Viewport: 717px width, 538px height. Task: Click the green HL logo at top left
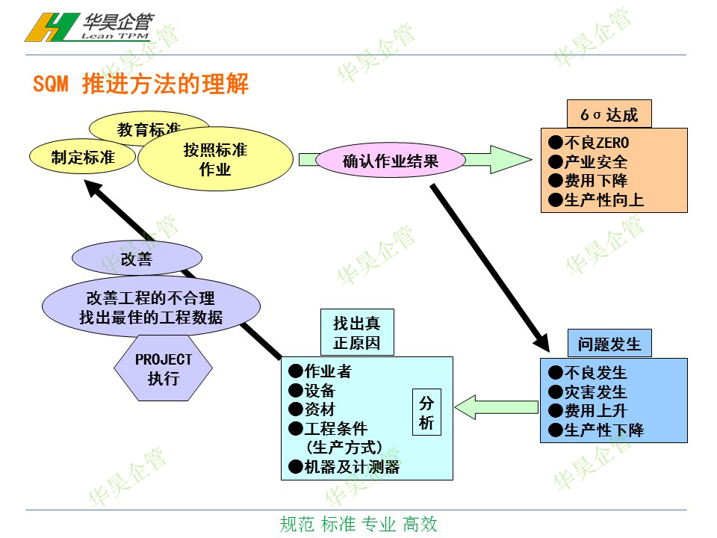47,28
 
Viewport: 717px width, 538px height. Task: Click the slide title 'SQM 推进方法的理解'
140,84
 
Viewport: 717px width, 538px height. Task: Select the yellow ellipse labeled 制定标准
82,157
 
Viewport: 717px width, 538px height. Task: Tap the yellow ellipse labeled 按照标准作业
215,159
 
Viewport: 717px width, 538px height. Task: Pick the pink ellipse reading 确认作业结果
391,160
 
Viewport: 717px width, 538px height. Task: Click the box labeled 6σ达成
609,115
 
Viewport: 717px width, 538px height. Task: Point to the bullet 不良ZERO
589,143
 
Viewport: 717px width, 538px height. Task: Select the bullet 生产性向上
595,200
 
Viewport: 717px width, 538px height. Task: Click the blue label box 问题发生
609,344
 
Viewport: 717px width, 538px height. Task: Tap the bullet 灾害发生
587,392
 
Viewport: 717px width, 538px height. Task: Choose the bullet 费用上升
587,410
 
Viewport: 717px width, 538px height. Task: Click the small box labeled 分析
426,412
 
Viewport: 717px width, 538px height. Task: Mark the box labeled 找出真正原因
356,333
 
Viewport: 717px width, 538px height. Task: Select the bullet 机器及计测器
344,467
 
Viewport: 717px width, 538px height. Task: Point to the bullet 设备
311,391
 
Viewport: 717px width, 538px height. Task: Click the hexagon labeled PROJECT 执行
163,368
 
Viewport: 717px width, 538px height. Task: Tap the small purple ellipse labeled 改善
137,259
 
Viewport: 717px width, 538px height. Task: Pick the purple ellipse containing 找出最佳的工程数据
151,308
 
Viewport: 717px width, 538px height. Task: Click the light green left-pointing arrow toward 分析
496,407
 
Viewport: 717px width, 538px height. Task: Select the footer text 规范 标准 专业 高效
358,524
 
